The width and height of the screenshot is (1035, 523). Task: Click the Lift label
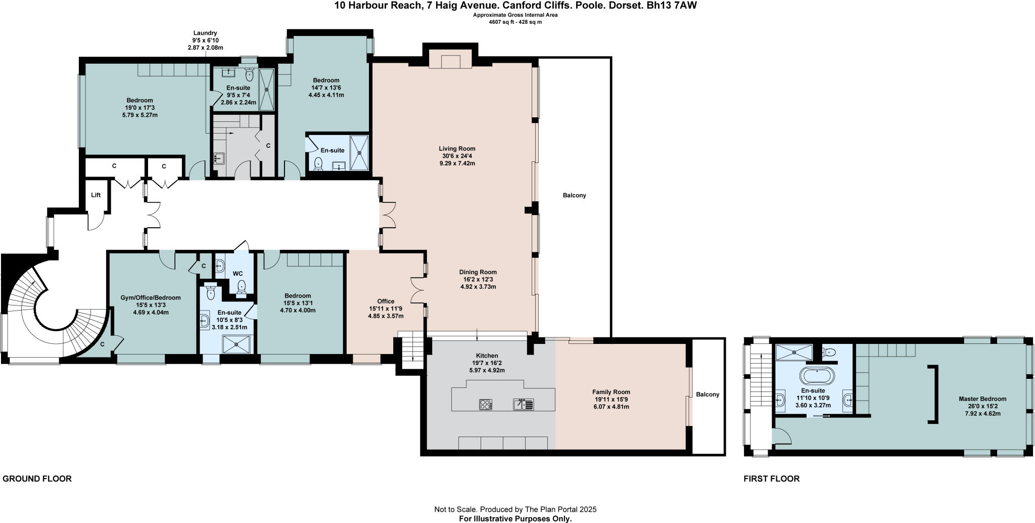click(96, 195)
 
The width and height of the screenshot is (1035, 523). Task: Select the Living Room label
click(457, 149)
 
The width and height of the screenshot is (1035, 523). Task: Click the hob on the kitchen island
click(485, 404)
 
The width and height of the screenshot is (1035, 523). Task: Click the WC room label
click(238, 274)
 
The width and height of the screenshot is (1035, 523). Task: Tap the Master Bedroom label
click(982, 399)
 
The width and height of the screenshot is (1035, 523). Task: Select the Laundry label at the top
click(205, 33)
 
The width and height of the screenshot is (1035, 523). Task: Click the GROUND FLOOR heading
click(37, 478)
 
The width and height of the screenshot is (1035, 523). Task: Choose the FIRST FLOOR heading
click(771, 478)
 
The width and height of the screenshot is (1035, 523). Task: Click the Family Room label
click(611, 392)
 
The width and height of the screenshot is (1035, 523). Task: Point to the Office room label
click(386, 301)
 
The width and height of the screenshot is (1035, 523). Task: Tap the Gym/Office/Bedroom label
click(151, 298)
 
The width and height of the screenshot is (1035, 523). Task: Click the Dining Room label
click(478, 272)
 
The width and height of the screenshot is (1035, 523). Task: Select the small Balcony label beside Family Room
click(707, 395)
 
